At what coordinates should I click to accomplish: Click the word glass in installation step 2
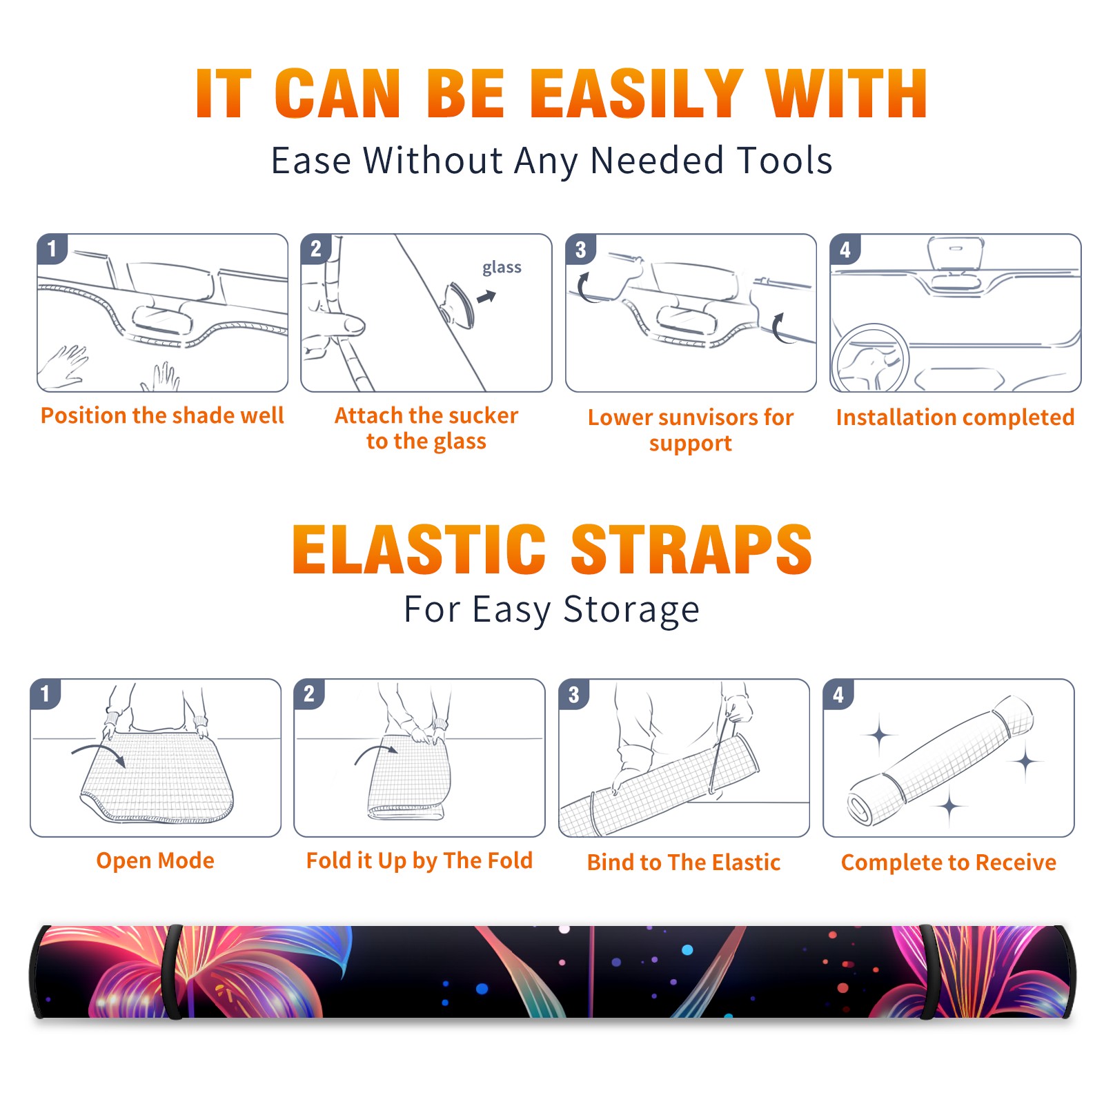pyautogui.click(x=502, y=268)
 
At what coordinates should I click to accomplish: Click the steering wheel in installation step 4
pyautogui.click(x=870, y=358)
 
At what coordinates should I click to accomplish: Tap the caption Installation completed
pyautogui.click(x=955, y=417)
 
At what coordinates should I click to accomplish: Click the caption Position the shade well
pyautogui.click(x=162, y=415)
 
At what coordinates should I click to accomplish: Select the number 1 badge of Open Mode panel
pyautogui.click(x=46, y=693)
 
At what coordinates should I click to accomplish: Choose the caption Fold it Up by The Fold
pyautogui.click(x=420, y=860)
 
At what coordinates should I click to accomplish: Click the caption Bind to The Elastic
pyautogui.click(x=684, y=862)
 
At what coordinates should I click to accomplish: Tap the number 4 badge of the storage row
pyautogui.click(x=838, y=694)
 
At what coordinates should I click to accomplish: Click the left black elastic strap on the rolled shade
pyautogui.click(x=172, y=972)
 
